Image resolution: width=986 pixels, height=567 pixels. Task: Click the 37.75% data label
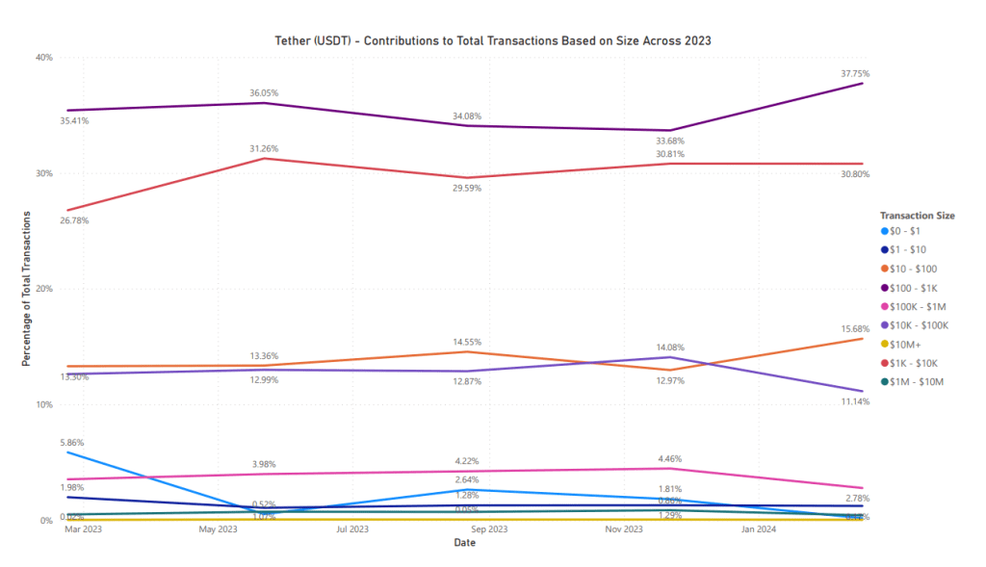pos(856,73)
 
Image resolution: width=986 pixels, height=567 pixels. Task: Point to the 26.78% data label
pos(74,220)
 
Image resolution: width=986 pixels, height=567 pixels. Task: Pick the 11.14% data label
pos(856,401)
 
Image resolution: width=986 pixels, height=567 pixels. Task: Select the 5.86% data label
pos(70,443)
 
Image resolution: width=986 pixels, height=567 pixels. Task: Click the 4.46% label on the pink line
pos(668,459)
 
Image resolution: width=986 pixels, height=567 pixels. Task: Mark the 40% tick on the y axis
pos(43,58)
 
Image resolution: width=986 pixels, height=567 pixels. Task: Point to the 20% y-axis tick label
pos(43,289)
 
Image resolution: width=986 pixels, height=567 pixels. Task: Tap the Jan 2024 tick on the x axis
pos(758,529)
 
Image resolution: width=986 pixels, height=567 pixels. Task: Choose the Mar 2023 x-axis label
pos(83,529)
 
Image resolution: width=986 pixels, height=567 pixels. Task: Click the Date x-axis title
pos(464,543)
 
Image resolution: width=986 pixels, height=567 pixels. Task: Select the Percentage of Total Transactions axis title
pos(27,288)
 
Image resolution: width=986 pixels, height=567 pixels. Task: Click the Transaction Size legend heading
pos(918,216)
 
